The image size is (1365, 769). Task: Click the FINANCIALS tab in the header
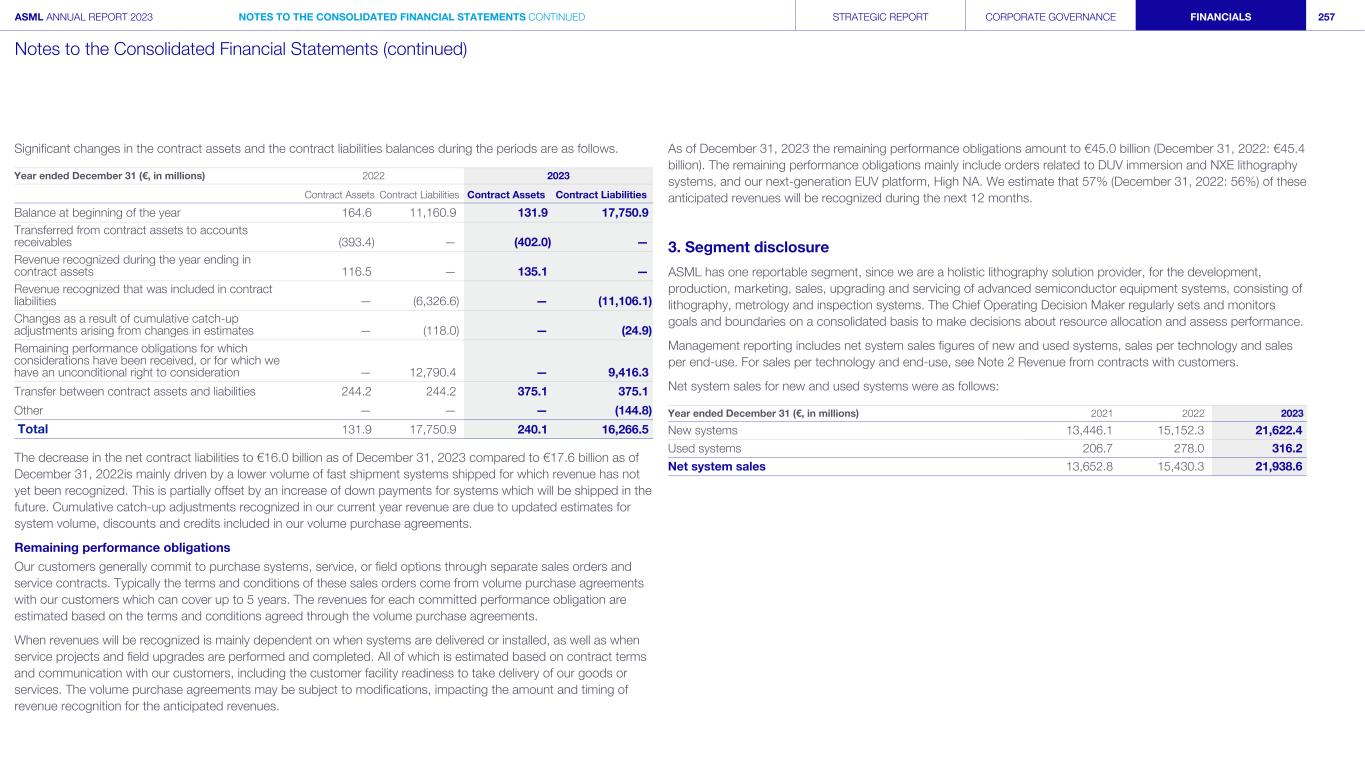coord(1220,17)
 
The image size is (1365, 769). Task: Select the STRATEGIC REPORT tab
coord(880,17)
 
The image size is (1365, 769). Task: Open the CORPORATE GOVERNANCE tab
coord(1050,17)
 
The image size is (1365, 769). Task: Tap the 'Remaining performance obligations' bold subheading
coord(122,547)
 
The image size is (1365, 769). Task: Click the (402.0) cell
coord(531,241)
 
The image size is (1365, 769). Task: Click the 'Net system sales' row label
coord(716,466)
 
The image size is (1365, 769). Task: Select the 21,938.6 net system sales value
coord(1272,466)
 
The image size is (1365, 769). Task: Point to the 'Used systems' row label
coord(704,448)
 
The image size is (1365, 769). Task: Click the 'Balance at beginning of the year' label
coord(97,212)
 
